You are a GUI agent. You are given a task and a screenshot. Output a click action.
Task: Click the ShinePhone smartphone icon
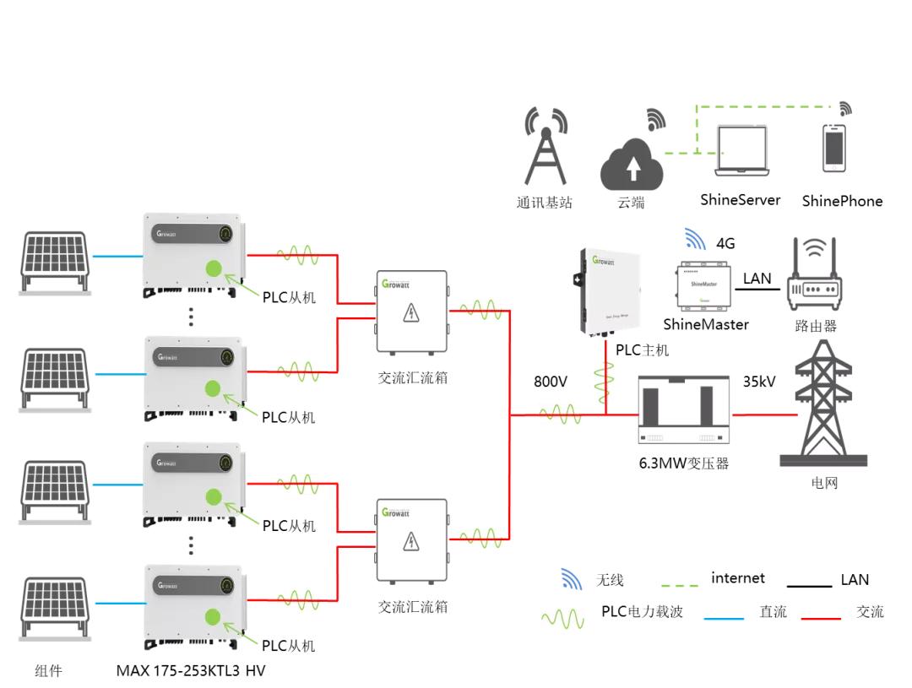[x=834, y=149]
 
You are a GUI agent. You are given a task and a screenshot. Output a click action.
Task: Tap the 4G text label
[x=725, y=243]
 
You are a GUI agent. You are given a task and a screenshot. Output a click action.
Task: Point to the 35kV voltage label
[x=758, y=382]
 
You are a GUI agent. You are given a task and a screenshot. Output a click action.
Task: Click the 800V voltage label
[x=550, y=382]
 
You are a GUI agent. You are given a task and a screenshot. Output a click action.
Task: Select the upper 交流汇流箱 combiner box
[x=411, y=312]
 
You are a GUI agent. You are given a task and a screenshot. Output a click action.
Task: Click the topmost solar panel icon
[x=54, y=257]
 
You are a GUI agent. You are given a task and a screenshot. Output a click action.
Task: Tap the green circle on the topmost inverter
[x=214, y=268]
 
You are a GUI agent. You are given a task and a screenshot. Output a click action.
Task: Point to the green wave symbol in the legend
[x=562, y=619]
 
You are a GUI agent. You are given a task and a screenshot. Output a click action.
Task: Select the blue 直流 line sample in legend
[x=724, y=619]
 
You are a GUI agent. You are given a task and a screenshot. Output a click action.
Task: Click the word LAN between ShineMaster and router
[x=757, y=278]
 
